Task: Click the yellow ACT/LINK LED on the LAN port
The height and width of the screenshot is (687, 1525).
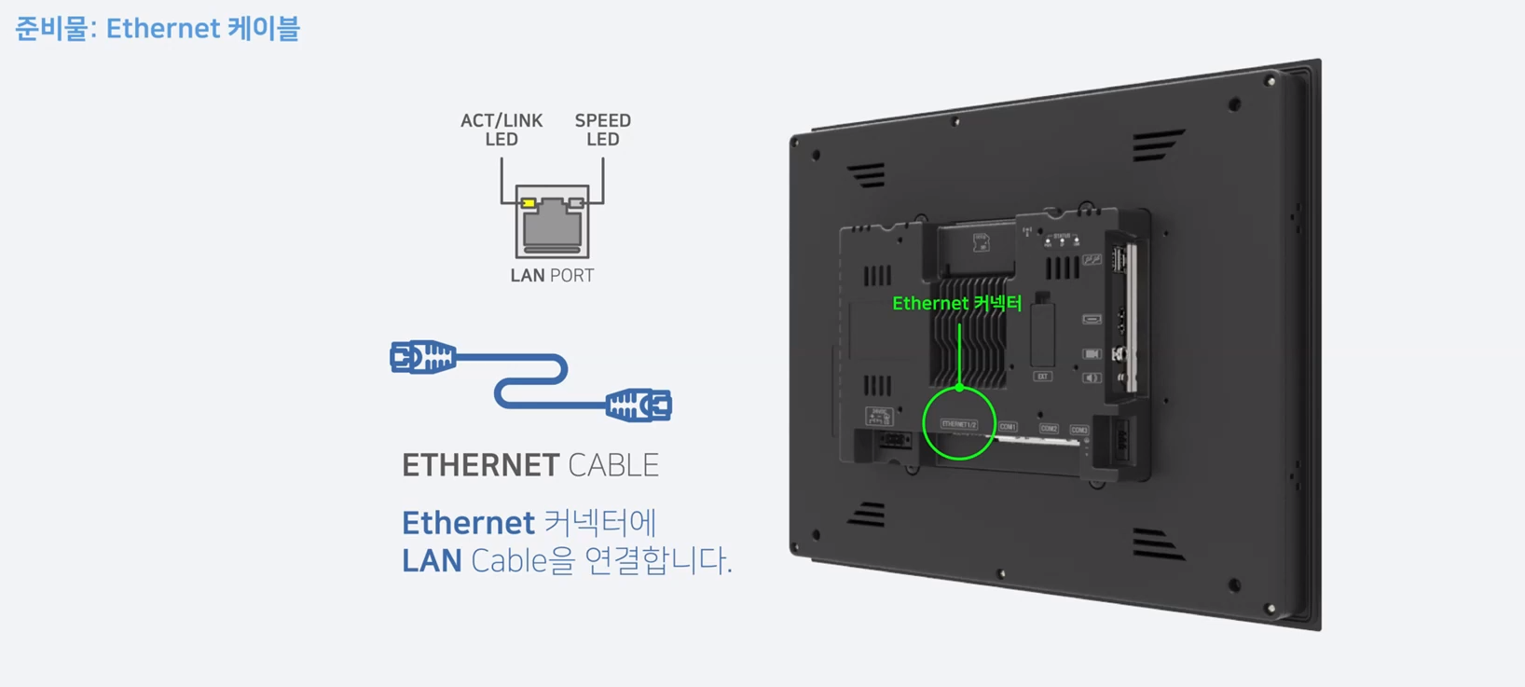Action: click(529, 203)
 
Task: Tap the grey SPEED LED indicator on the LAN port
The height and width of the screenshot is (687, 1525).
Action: click(576, 203)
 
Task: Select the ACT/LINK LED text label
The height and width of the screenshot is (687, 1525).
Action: click(501, 130)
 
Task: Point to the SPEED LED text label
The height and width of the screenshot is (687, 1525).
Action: click(602, 130)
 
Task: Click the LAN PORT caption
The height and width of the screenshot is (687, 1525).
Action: click(552, 275)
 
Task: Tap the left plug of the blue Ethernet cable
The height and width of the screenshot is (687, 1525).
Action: click(422, 357)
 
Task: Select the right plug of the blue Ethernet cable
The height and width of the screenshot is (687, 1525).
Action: click(639, 405)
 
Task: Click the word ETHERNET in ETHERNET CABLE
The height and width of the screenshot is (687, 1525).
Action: click(480, 465)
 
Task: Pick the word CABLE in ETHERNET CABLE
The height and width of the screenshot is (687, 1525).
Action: click(612, 465)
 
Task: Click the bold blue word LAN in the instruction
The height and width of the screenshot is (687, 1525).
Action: click(432, 561)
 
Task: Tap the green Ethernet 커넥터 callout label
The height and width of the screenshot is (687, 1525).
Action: click(956, 303)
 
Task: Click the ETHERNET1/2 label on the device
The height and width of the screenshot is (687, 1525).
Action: click(958, 424)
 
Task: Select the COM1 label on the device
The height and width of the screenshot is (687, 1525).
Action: click(1008, 427)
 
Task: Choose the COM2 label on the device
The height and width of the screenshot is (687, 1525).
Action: click(1049, 429)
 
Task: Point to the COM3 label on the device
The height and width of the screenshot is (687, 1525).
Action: click(1078, 431)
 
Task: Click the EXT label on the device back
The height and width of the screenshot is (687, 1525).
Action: click(1042, 377)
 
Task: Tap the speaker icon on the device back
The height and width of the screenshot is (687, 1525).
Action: click(1092, 378)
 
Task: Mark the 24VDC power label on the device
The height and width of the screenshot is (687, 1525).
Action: click(878, 414)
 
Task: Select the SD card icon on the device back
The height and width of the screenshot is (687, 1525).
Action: click(981, 242)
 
